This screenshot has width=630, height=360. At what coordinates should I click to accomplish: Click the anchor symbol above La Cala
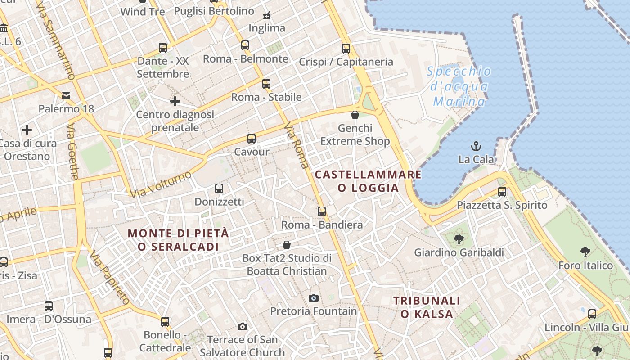pyautogui.click(x=476, y=146)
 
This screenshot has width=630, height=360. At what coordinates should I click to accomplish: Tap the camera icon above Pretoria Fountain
pyautogui.click(x=314, y=298)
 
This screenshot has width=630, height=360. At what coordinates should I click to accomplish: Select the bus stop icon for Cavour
pyautogui.click(x=252, y=139)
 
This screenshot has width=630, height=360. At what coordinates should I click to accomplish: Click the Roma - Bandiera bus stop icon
pyautogui.click(x=322, y=211)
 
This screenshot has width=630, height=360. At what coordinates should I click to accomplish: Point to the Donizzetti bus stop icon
pyautogui.click(x=219, y=189)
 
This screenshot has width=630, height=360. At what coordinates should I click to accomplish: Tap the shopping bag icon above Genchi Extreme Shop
pyautogui.click(x=355, y=115)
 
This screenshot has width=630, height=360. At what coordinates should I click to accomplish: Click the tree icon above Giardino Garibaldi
pyautogui.click(x=459, y=239)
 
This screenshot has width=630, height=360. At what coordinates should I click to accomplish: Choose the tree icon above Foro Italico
pyautogui.click(x=585, y=252)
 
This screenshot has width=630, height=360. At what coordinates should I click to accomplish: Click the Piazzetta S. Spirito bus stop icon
pyautogui.click(x=502, y=192)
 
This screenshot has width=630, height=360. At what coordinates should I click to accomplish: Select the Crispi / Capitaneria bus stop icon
pyautogui.click(x=346, y=49)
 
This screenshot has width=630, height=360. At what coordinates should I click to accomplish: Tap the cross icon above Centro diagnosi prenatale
pyautogui.click(x=175, y=101)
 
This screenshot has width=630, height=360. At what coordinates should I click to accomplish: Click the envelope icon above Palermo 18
pyautogui.click(x=66, y=95)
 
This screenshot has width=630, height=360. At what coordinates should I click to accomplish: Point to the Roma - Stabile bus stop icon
pyautogui.click(x=266, y=84)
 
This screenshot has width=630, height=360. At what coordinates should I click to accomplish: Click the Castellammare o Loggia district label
pyautogui.click(x=368, y=181)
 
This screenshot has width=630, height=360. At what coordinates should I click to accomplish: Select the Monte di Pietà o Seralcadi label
pyautogui.click(x=178, y=240)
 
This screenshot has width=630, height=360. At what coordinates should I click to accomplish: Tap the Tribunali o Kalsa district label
pyautogui.click(x=427, y=307)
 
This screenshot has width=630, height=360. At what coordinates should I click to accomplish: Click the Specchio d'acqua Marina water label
pyautogui.click(x=459, y=86)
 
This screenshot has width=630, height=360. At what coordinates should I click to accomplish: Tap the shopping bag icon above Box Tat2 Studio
pyautogui.click(x=287, y=245)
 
